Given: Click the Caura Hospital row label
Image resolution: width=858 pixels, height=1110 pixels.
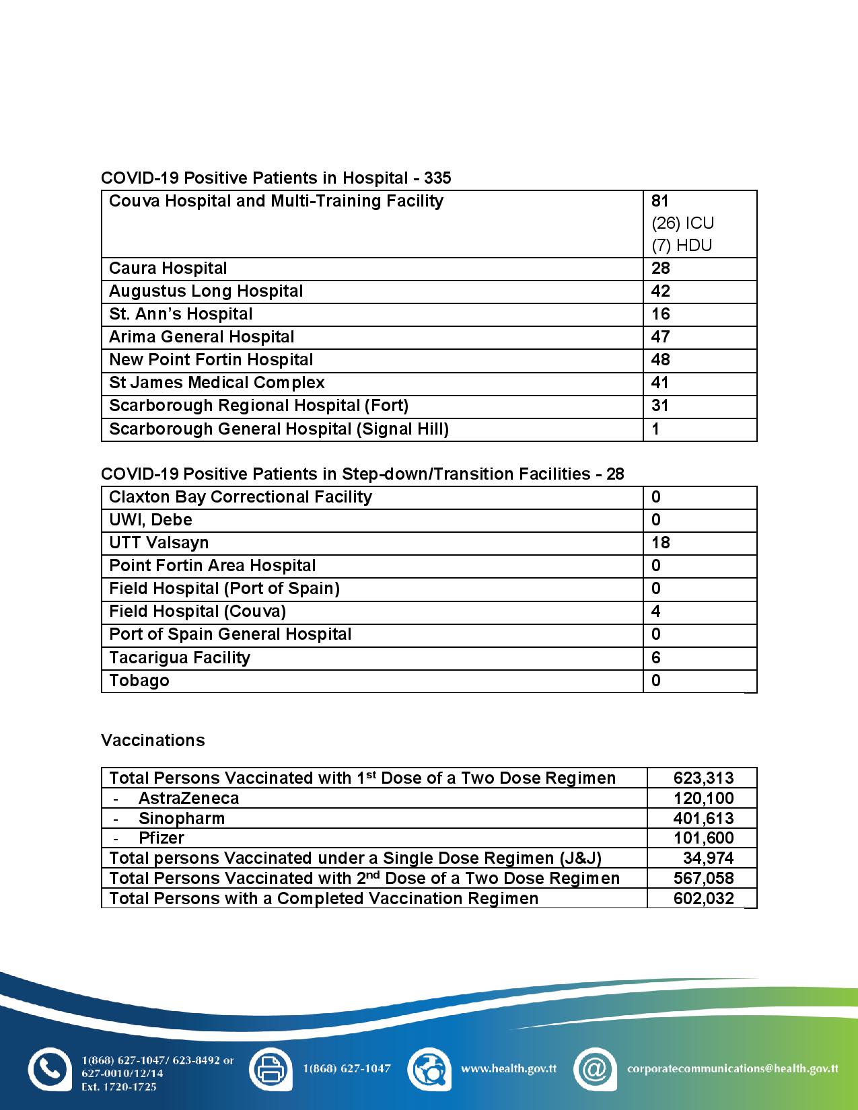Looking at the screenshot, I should pos(168,268).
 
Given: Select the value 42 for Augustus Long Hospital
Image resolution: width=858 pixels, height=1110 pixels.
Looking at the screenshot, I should pos(661,291).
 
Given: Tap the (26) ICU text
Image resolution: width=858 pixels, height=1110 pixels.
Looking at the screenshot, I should pos(682,223).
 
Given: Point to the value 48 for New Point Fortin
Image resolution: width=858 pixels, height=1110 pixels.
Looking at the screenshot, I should pos(661,360).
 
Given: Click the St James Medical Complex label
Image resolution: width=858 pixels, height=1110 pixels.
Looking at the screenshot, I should pos(217,383).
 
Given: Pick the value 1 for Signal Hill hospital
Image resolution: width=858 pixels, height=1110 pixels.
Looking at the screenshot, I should pos(656,429).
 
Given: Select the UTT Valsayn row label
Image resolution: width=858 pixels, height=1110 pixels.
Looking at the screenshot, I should pos(159,543).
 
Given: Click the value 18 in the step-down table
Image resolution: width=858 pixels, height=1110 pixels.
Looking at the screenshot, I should pos(661,543).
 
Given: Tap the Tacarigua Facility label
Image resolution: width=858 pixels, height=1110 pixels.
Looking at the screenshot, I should pos(180,657).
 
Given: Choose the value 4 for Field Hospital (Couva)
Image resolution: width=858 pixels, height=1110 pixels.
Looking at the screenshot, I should pos(656,612).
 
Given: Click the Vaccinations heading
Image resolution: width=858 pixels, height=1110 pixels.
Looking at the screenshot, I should pos(153,740).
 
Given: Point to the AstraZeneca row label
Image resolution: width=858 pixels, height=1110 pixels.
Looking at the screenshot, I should pos(188,798).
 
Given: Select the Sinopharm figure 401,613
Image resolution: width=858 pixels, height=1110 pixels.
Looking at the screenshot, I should pos(703,818).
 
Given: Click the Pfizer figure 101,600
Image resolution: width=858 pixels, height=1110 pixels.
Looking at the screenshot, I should pos(703,838).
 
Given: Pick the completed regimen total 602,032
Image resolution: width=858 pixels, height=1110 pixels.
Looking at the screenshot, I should pos(703,898).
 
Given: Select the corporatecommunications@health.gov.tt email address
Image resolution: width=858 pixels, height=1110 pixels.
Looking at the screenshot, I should pos(732,1068).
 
